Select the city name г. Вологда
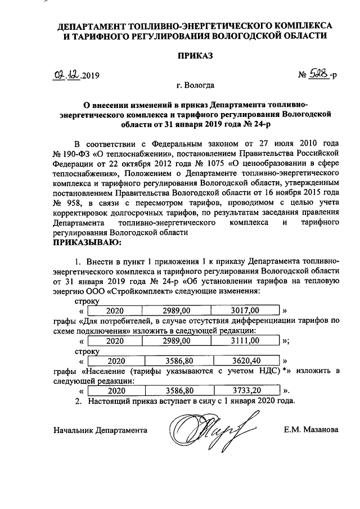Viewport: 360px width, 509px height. [x=195, y=86]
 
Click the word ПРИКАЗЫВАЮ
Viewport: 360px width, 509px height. [x=87, y=242]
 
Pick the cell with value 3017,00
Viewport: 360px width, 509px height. [x=245, y=310]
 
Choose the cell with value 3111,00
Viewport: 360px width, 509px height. [x=245, y=341]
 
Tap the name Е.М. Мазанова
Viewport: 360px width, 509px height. [x=311, y=430]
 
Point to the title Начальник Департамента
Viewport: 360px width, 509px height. [x=100, y=430]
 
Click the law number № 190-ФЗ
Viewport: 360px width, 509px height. [x=72, y=152]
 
